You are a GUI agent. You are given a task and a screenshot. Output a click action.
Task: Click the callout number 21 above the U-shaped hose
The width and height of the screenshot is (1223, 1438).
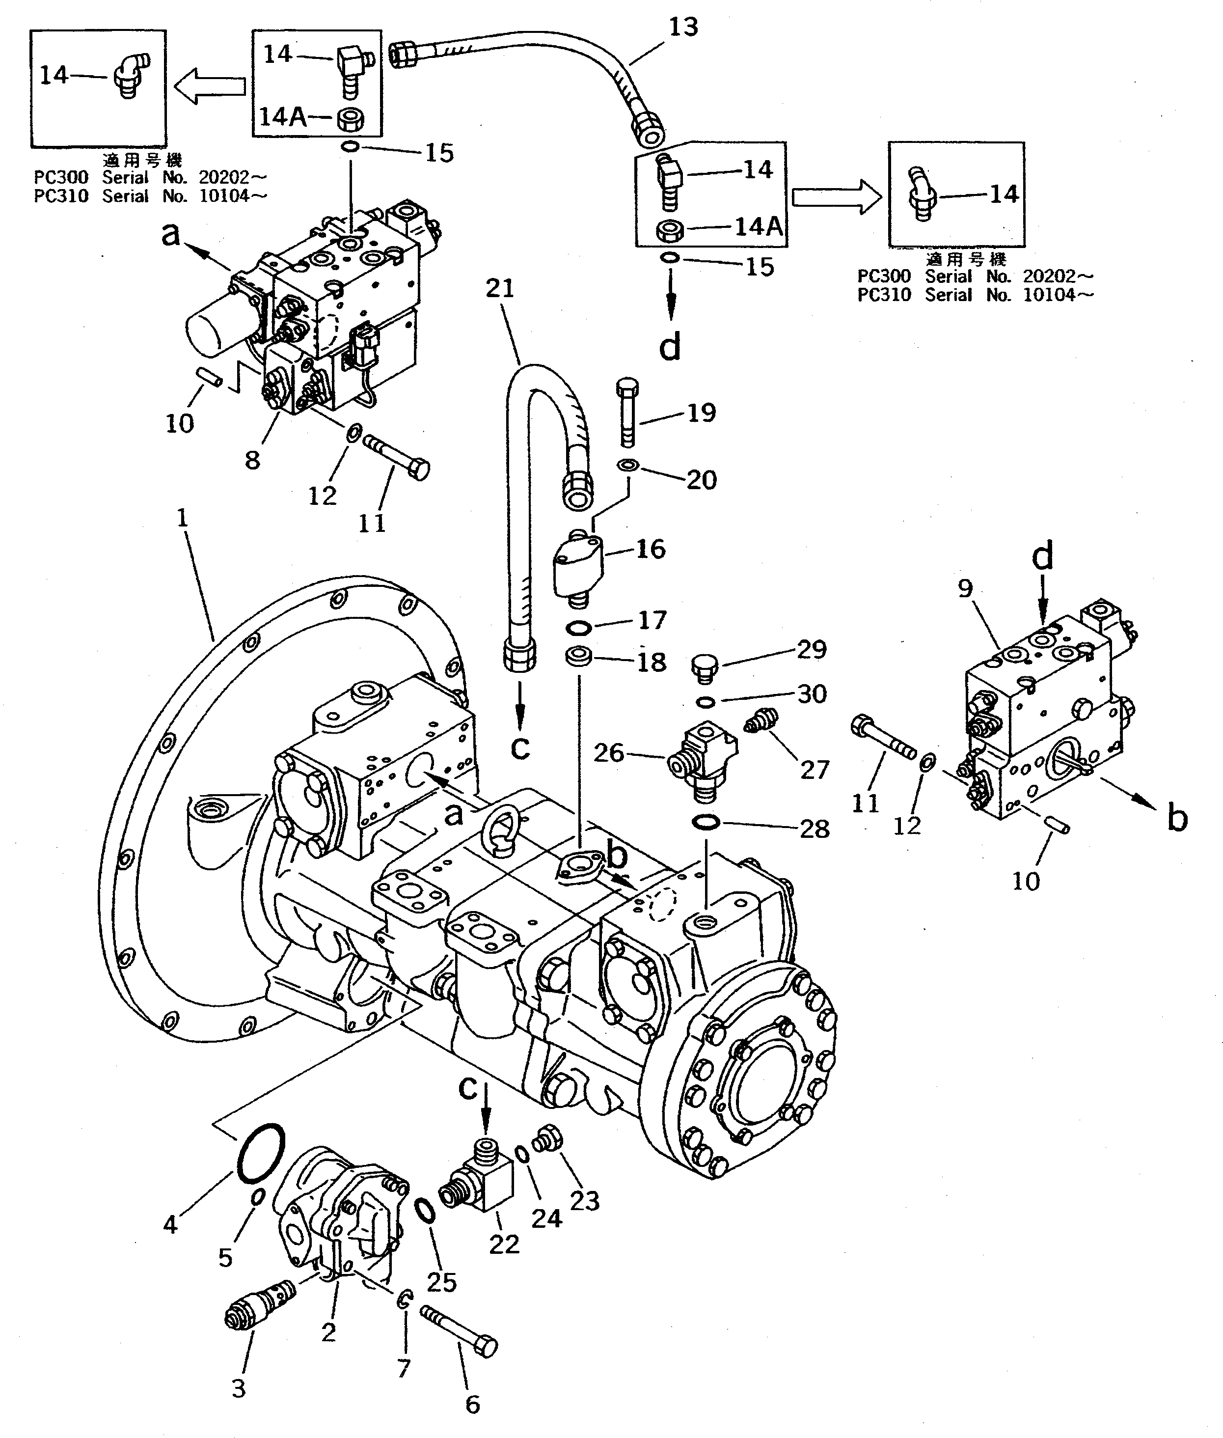click(500, 288)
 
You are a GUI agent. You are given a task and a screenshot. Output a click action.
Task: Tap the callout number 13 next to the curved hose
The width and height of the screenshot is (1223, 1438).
click(683, 27)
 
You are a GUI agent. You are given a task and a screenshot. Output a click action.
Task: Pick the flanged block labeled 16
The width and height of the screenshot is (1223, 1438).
click(577, 564)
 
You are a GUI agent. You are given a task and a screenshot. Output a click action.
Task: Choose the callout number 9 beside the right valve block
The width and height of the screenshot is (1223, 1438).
click(965, 589)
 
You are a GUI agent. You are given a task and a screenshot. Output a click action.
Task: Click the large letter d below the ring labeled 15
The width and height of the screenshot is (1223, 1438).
click(669, 345)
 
